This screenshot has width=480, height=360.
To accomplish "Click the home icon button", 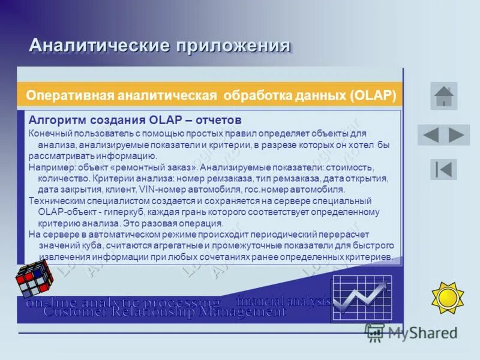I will click(x=443, y=96).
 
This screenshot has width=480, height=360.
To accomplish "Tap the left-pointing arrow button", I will click(x=431, y=135).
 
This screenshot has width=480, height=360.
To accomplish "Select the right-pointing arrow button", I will click(x=457, y=135).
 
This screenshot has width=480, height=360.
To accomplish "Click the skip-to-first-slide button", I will click(x=443, y=169).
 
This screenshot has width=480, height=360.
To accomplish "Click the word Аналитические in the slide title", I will click(x=99, y=46).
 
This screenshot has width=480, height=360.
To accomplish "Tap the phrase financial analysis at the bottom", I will click(x=284, y=301).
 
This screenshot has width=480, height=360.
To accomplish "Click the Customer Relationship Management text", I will click(x=165, y=311).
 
